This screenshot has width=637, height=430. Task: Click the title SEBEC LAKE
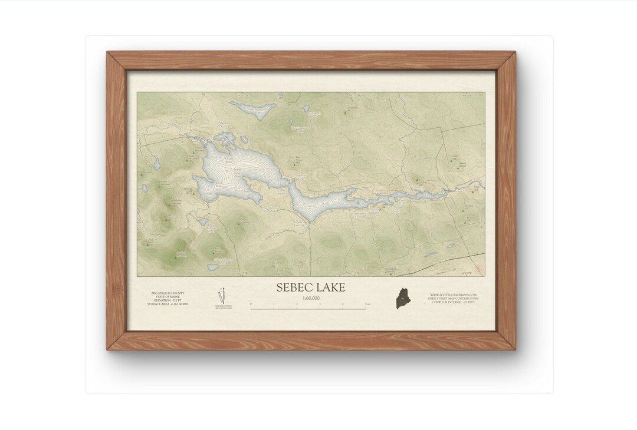[x=311, y=287]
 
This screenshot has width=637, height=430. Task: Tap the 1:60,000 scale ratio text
[x=311, y=298]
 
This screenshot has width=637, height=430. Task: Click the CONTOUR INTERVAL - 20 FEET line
[x=453, y=303]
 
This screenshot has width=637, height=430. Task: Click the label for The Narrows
[x=283, y=191]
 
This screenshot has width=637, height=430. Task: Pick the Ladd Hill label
[x=455, y=157]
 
